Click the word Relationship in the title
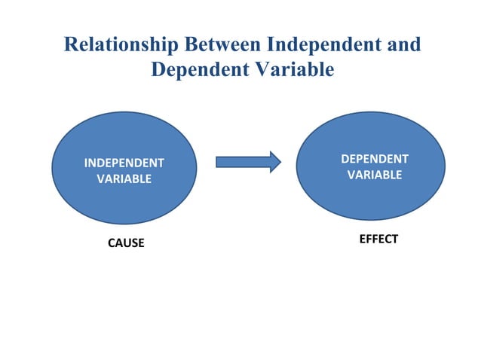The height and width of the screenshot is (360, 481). (119, 44)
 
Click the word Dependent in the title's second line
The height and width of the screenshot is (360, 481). (196, 70)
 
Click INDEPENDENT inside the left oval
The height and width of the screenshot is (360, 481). (124, 163)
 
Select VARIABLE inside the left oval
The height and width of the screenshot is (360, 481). (124, 179)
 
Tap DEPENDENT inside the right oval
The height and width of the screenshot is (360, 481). (375, 159)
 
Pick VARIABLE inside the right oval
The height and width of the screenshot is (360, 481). (375, 175)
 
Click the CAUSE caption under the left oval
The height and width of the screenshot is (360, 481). (126, 244)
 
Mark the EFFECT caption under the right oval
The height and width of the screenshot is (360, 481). (378, 239)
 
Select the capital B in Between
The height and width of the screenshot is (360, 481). (185, 44)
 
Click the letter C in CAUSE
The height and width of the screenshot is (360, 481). (112, 244)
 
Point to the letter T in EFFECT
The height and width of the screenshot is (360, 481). (394, 239)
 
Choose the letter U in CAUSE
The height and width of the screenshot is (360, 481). (126, 244)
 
